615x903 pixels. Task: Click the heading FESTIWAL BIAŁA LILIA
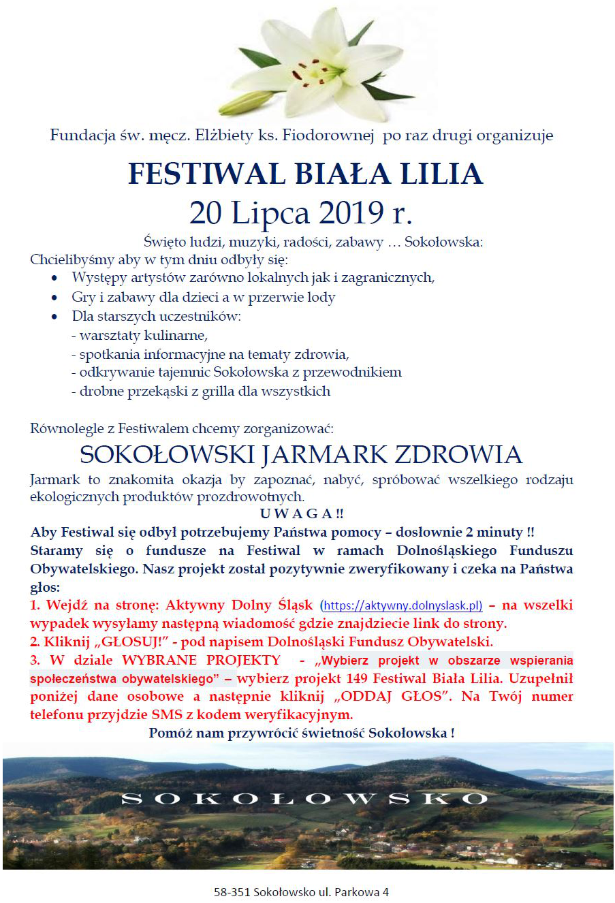point(305,174)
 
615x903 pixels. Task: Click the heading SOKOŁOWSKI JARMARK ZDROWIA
point(301,454)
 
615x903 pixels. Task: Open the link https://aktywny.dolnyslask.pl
point(403,605)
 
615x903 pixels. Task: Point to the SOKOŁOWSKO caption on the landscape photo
point(304,798)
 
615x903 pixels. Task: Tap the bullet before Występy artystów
point(55,279)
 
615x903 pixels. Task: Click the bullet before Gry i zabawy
point(55,298)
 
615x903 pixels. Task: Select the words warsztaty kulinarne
point(143,336)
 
